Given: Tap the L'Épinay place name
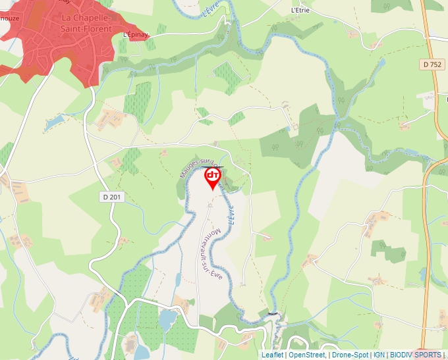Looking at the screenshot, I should point(134,35).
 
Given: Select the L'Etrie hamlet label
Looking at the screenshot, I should point(300,11).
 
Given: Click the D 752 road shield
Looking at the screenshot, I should point(431,64).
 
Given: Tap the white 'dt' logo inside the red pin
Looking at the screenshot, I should point(213,175).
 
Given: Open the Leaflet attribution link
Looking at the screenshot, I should point(272,355).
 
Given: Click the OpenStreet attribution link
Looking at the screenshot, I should point(307,355).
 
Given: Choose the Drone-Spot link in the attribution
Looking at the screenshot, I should point(350,355).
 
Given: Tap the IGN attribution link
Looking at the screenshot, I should point(379,355).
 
